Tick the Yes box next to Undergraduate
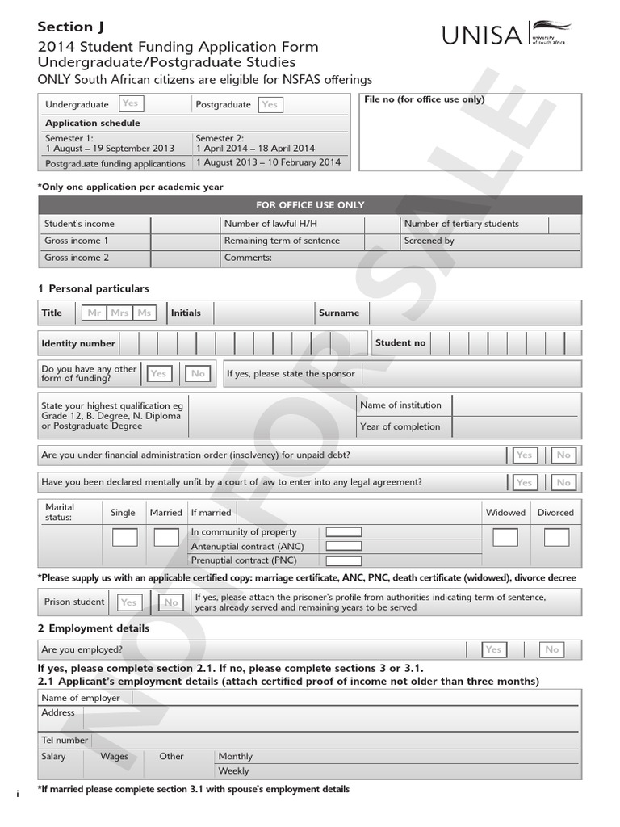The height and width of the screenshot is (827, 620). (129, 103)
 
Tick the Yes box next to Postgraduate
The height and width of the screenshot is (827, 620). (270, 104)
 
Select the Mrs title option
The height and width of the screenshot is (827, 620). (119, 313)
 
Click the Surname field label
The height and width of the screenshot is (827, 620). (339, 313)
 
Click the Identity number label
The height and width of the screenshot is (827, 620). (78, 343)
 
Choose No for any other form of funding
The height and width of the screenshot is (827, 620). (198, 373)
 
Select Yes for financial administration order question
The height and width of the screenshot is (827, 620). (524, 455)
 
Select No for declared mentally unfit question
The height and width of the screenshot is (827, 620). (563, 482)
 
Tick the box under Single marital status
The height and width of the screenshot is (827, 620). (124, 537)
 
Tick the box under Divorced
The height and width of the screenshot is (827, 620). (556, 537)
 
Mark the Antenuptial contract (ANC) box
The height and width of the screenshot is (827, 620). (343, 547)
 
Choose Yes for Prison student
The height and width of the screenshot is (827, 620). (128, 602)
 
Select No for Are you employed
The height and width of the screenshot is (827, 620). (551, 649)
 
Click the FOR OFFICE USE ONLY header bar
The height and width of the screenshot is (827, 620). (309, 205)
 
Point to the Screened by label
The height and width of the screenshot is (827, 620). (429, 241)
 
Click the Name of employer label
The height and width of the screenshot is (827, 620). (81, 698)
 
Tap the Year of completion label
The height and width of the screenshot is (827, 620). (400, 426)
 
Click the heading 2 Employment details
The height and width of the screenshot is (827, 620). (94, 628)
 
